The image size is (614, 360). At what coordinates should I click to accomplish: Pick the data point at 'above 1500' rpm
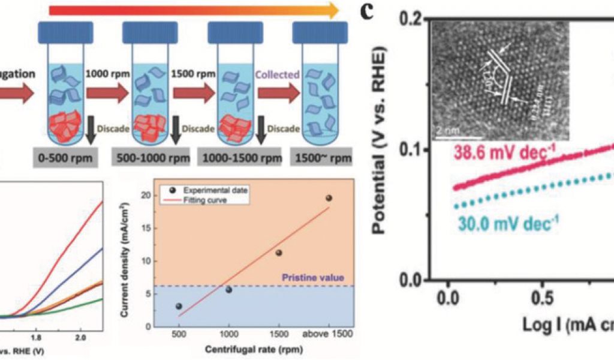click(x=329, y=198)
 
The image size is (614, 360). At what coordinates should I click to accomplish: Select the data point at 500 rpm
click(x=179, y=306)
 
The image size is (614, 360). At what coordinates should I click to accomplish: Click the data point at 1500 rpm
click(x=278, y=253)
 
